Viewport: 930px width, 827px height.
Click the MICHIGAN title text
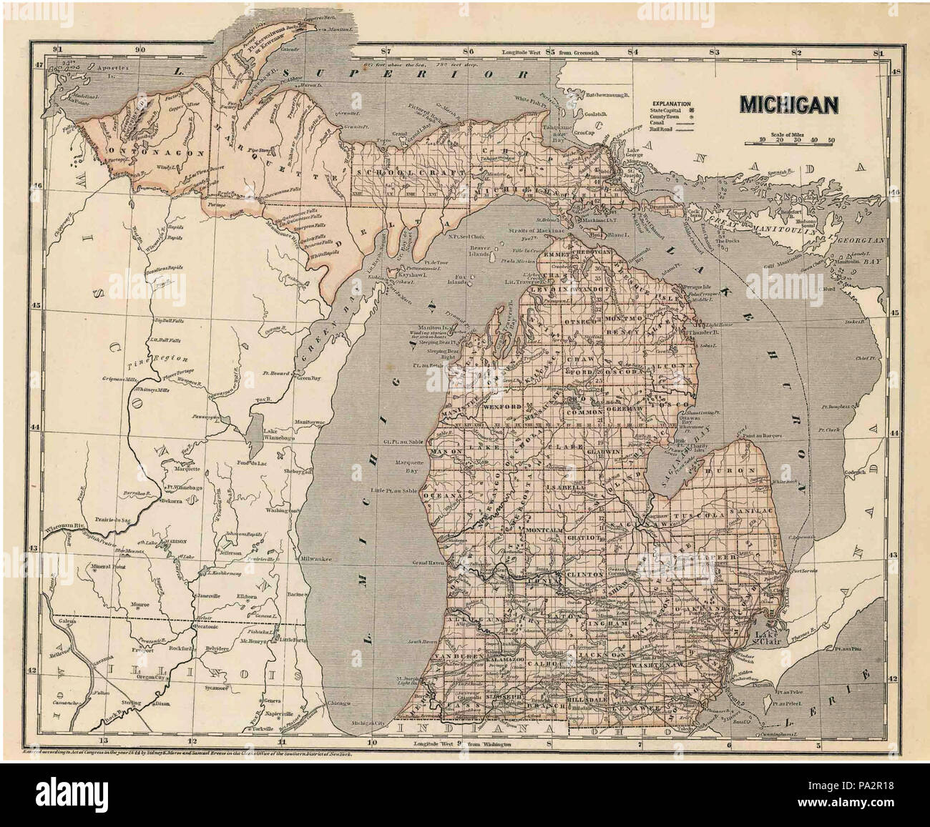pyautogui.click(x=789, y=104)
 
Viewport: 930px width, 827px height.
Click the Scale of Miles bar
pyautogui.click(x=788, y=144)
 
